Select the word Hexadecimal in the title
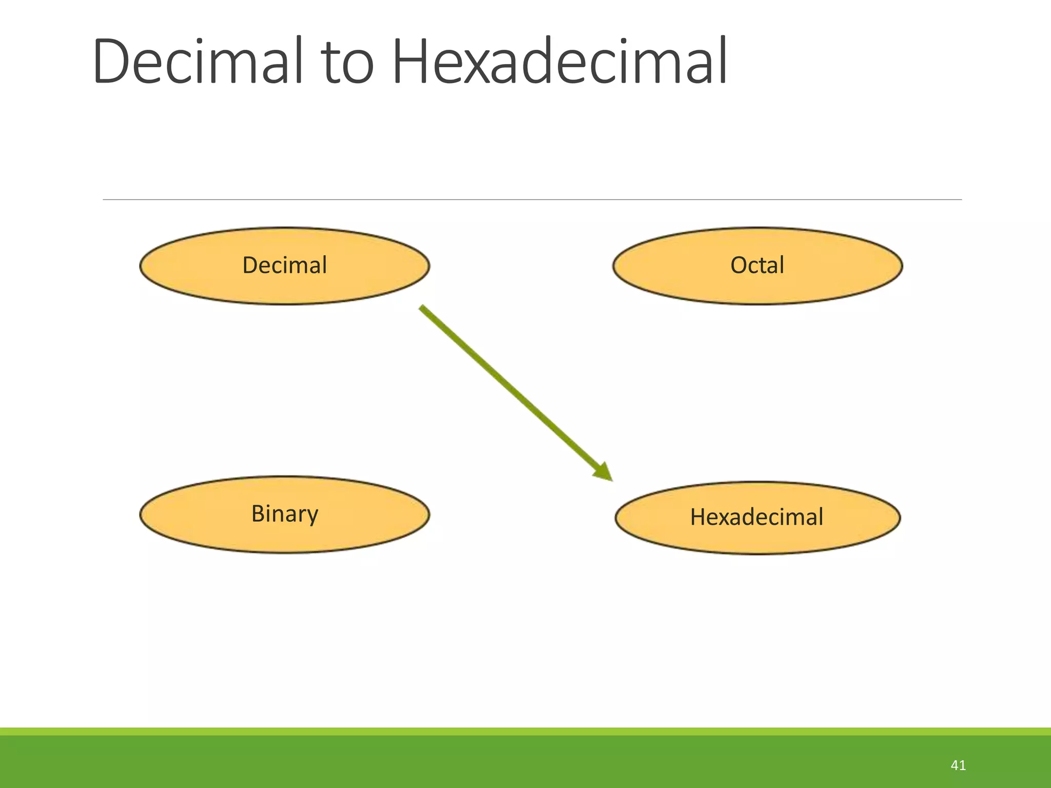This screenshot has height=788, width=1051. tap(559, 62)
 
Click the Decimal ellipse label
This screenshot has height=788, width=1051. tap(284, 265)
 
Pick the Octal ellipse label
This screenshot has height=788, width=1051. tap(757, 265)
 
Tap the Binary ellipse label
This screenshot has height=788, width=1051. tap(284, 514)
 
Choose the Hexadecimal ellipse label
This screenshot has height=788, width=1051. tap(756, 517)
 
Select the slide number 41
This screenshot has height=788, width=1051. tap(958, 765)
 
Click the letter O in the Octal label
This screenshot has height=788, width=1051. tap(740, 265)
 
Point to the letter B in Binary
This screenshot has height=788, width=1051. tap(258, 513)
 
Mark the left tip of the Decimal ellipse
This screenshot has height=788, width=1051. tap(141, 266)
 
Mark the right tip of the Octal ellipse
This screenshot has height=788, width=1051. tap(901, 266)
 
